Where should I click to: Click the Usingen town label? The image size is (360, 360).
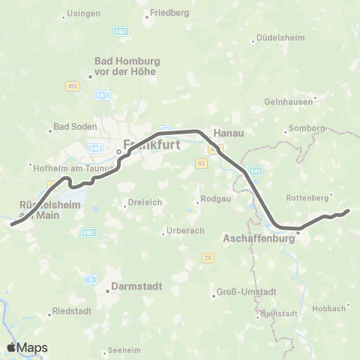click(x=83, y=13)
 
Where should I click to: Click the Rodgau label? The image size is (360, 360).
click(x=212, y=199)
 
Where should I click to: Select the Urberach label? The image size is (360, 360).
click(x=184, y=230)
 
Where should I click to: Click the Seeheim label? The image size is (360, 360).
click(x=124, y=349)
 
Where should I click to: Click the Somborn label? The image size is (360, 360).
click(x=309, y=128)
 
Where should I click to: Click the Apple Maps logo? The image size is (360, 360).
click(x=27, y=347)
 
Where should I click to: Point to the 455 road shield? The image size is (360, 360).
click(x=72, y=86)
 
